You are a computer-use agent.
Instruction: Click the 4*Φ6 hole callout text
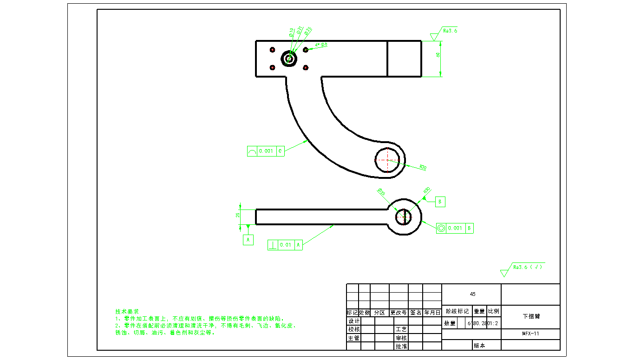(321, 45)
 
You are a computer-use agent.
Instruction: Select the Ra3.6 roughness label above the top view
(450, 31)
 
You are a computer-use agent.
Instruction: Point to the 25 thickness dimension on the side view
(238, 215)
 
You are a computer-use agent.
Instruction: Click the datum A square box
(248, 240)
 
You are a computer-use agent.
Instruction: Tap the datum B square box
(440, 202)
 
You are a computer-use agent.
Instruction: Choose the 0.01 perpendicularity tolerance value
(285, 245)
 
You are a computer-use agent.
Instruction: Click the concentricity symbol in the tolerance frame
(441, 228)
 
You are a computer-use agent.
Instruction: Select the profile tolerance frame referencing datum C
(265, 151)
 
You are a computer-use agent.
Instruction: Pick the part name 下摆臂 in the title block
(531, 316)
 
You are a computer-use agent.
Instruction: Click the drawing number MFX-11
(530, 334)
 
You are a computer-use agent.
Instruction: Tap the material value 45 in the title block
(472, 294)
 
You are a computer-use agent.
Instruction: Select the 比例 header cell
(494, 311)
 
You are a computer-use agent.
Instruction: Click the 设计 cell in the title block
(353, 321)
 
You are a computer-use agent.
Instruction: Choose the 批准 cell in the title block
(401, 346)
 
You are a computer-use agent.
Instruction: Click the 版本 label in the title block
(479, 346)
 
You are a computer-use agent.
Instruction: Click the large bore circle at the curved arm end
(387, 159)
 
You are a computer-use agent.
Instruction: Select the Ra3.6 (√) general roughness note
(528, 267)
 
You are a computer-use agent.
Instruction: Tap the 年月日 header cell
(432, 313)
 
